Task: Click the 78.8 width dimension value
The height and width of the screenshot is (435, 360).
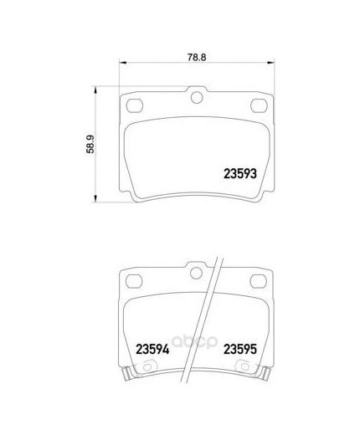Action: (x=197, y=57)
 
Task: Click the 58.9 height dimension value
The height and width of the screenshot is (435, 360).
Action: (x=90, y=144)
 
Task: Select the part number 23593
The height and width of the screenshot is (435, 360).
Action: (x=240, y=174)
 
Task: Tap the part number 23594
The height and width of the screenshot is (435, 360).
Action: (x=152, y=350)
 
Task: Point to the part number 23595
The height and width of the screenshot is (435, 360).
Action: (x=240, y=349)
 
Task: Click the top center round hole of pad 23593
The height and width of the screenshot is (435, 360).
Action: (x=197, y=97)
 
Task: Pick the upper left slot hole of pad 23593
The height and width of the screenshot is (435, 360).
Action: (x=135, y=105)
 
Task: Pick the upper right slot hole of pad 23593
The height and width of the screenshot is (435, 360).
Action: (x=259, y=105)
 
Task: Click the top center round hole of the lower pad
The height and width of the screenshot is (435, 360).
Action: (x=196, y=273)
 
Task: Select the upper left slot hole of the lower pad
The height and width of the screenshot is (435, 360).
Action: (x=134, y=281)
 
